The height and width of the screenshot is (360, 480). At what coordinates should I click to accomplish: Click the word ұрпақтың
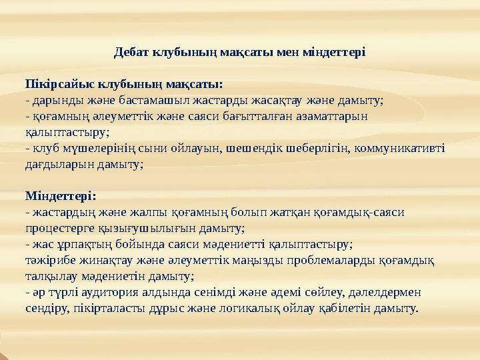(80, 245)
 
